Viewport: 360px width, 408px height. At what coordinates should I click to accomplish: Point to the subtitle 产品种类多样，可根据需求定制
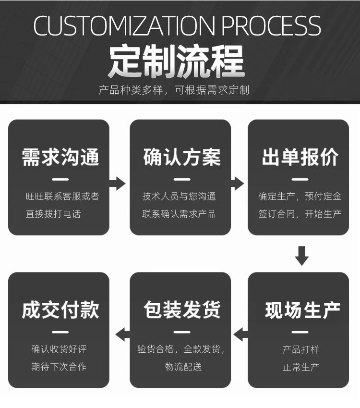[x=174, y=90]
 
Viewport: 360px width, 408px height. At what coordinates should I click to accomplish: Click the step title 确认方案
[x=182, y=158]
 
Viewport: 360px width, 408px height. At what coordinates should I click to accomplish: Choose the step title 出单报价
[x=300, y=158]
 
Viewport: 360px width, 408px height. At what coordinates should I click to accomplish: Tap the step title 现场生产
[x=302, y=310]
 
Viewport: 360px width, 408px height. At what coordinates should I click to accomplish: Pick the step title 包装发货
[x=182, y=310]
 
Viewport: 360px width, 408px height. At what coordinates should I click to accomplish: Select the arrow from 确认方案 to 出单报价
[x=237, y=183]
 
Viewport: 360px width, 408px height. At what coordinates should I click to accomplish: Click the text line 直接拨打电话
[x=53, y=214]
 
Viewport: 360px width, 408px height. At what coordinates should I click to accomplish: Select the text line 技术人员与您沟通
[x=179, y=196]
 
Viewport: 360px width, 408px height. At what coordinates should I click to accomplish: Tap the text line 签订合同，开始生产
[x=300, y=214]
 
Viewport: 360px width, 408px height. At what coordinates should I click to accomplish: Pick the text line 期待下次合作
[x=59, y=367]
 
